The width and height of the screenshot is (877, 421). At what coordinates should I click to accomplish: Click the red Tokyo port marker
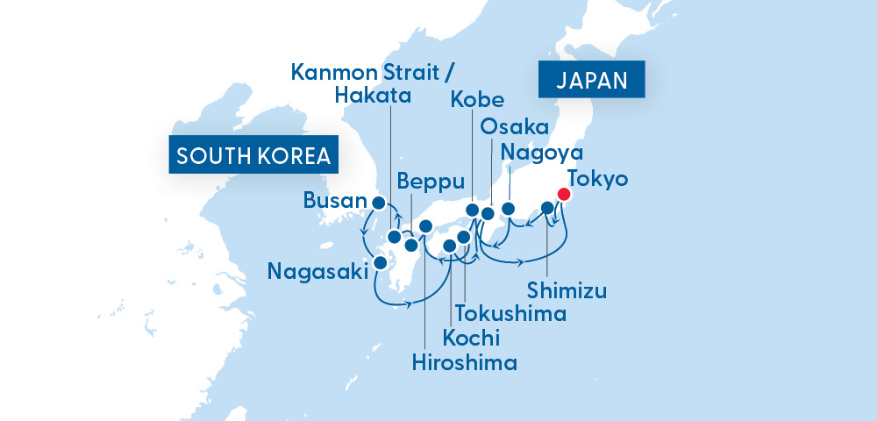coord(565,194)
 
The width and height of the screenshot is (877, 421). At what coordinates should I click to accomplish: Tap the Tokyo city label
coord(597,179)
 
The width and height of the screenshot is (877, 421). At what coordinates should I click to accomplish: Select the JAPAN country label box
coord(591,81)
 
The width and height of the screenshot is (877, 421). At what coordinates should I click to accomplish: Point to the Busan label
coord(333,202)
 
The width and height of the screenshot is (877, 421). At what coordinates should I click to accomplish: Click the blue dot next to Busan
coord(379,203)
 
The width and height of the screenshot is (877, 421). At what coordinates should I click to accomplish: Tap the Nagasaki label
coord(317,272)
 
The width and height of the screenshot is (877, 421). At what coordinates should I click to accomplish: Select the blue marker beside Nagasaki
coord(381,261)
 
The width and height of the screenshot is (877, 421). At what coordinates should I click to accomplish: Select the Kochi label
coord(471,337)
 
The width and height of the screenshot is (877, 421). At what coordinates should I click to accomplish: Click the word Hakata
coord(373,95)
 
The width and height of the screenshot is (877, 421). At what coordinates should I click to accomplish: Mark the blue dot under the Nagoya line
coord(508,210)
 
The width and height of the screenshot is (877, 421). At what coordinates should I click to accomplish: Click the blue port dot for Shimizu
coord(547,208)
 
